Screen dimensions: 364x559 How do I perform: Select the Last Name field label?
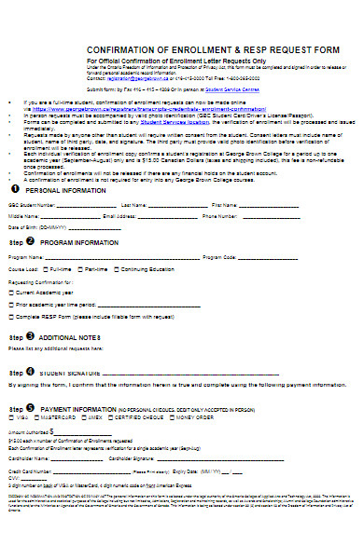(x=133, y=204)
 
